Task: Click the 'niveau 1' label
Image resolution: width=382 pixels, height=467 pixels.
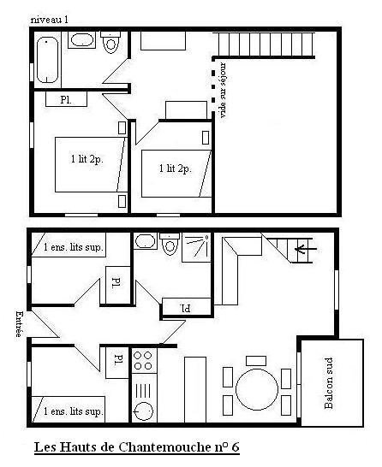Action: pyautogui.click(x=50, y=20)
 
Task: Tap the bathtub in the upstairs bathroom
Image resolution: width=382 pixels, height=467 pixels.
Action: pyautogui.click(x=47, y=60)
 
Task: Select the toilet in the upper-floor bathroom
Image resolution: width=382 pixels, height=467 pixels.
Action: pyautogui.click(x=110, y=42)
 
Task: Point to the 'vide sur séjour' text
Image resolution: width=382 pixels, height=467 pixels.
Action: pyautogui.click(x=223, y=90)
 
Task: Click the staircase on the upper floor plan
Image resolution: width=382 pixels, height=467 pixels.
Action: pyautogui.click(x=266, y=44)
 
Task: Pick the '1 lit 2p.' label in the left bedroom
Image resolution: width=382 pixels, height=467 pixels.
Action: pyautogui.click(x=87, y=159)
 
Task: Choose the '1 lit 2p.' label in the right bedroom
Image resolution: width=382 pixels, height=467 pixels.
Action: pyautogui.click(x=176, y=168)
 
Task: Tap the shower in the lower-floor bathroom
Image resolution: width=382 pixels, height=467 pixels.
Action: pyautogui.click(x=196, y=247)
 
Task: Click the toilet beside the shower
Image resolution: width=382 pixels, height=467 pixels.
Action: pyautogui.click(x=170, y=244)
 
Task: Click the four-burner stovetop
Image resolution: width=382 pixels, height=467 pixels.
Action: pyautogui.click(x=143, y=360)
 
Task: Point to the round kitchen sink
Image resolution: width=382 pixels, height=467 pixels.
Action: pyautogui.click(x=144, y=411)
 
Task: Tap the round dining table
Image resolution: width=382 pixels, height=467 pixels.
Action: pyautogui.click(x=257, y=389)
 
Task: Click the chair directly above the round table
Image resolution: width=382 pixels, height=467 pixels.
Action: pyautogui.click(x=256, y=361)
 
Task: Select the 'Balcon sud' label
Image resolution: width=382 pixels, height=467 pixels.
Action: pyautogui.click(x=329, y=383)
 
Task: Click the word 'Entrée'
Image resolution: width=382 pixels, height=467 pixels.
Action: pyautogui.click(x=20, y=324)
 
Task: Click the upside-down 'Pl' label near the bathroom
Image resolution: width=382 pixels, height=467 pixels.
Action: pyautogui.click(x=186, y=308)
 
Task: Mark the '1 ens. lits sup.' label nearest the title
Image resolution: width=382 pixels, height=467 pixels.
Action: pyautogui.click(x=74, y=411)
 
